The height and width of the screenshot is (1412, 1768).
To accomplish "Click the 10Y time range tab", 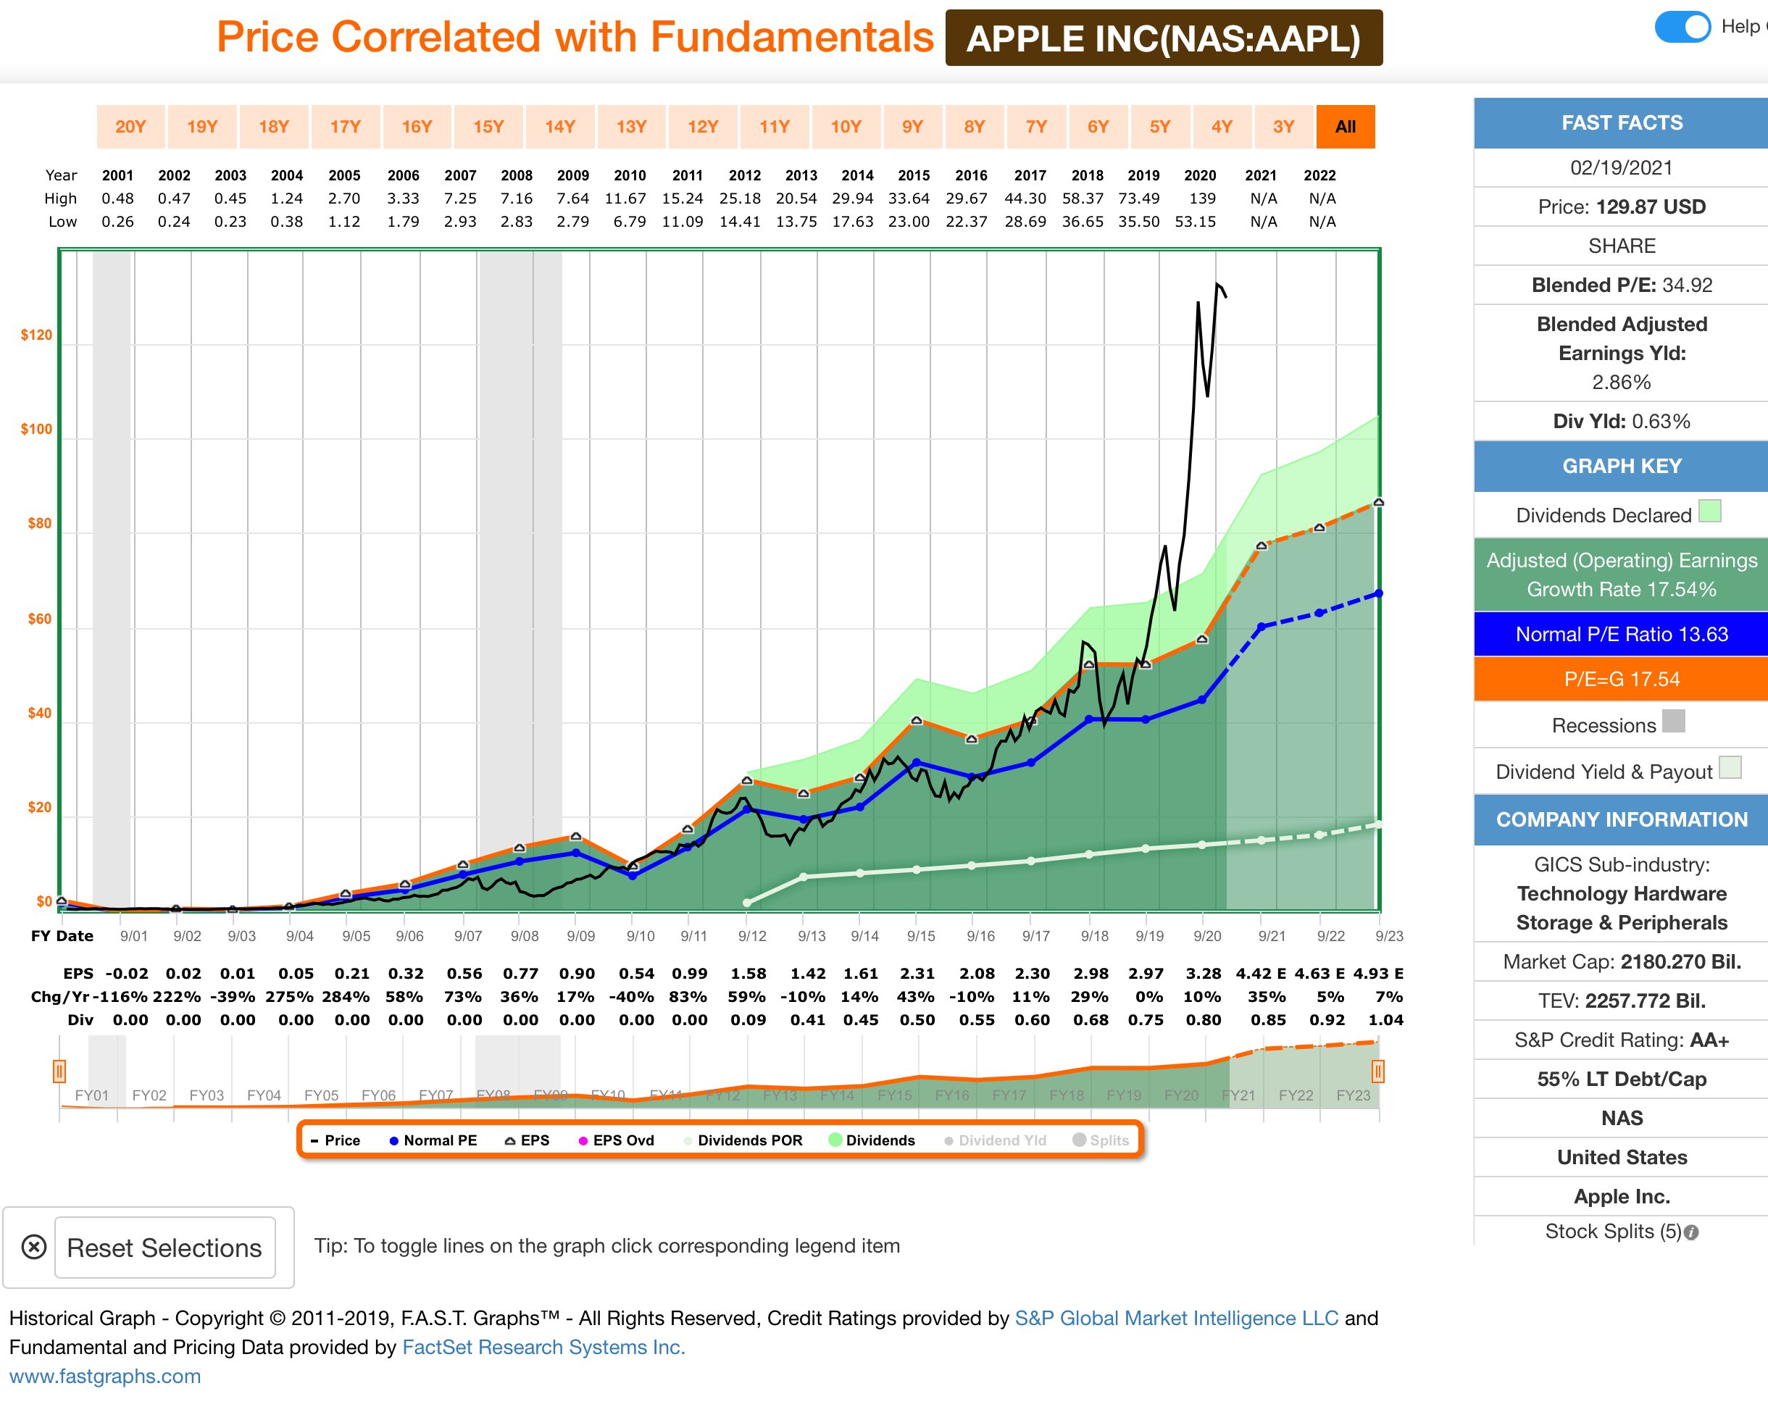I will coord(846,126).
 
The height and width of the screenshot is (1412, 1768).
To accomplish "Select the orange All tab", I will coord(1345,126).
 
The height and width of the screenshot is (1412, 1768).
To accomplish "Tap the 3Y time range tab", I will coord(1283,126).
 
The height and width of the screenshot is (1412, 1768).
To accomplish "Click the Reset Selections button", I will coord(164,1248).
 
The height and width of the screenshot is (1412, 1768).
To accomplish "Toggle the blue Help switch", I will coord(1682,27).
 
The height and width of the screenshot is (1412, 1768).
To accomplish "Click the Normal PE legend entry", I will coord(433,1140).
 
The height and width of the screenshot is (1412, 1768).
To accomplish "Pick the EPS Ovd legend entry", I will coord(617,1140).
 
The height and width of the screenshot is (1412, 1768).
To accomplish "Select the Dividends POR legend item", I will coord(743,1140).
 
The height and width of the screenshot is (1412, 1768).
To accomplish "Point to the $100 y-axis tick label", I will coord(36,429).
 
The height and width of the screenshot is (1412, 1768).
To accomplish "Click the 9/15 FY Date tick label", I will coord(921,935).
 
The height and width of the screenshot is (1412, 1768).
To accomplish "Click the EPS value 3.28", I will coord(1203,973).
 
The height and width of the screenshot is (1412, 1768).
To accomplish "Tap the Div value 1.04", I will coord(1386,1019).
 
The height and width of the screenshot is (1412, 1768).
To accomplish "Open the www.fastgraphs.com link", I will coord(105,1376).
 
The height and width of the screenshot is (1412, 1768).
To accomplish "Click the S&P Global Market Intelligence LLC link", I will coord(1176,1318).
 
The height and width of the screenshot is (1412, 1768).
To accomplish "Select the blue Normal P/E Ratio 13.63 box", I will coord(1621,634).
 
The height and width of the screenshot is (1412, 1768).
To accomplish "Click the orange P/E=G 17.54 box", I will coord(1621,679).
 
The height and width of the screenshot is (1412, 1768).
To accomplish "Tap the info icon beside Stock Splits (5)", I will coord(1692,1232).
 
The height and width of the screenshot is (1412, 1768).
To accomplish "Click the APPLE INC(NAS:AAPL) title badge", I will coord(1164,38).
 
